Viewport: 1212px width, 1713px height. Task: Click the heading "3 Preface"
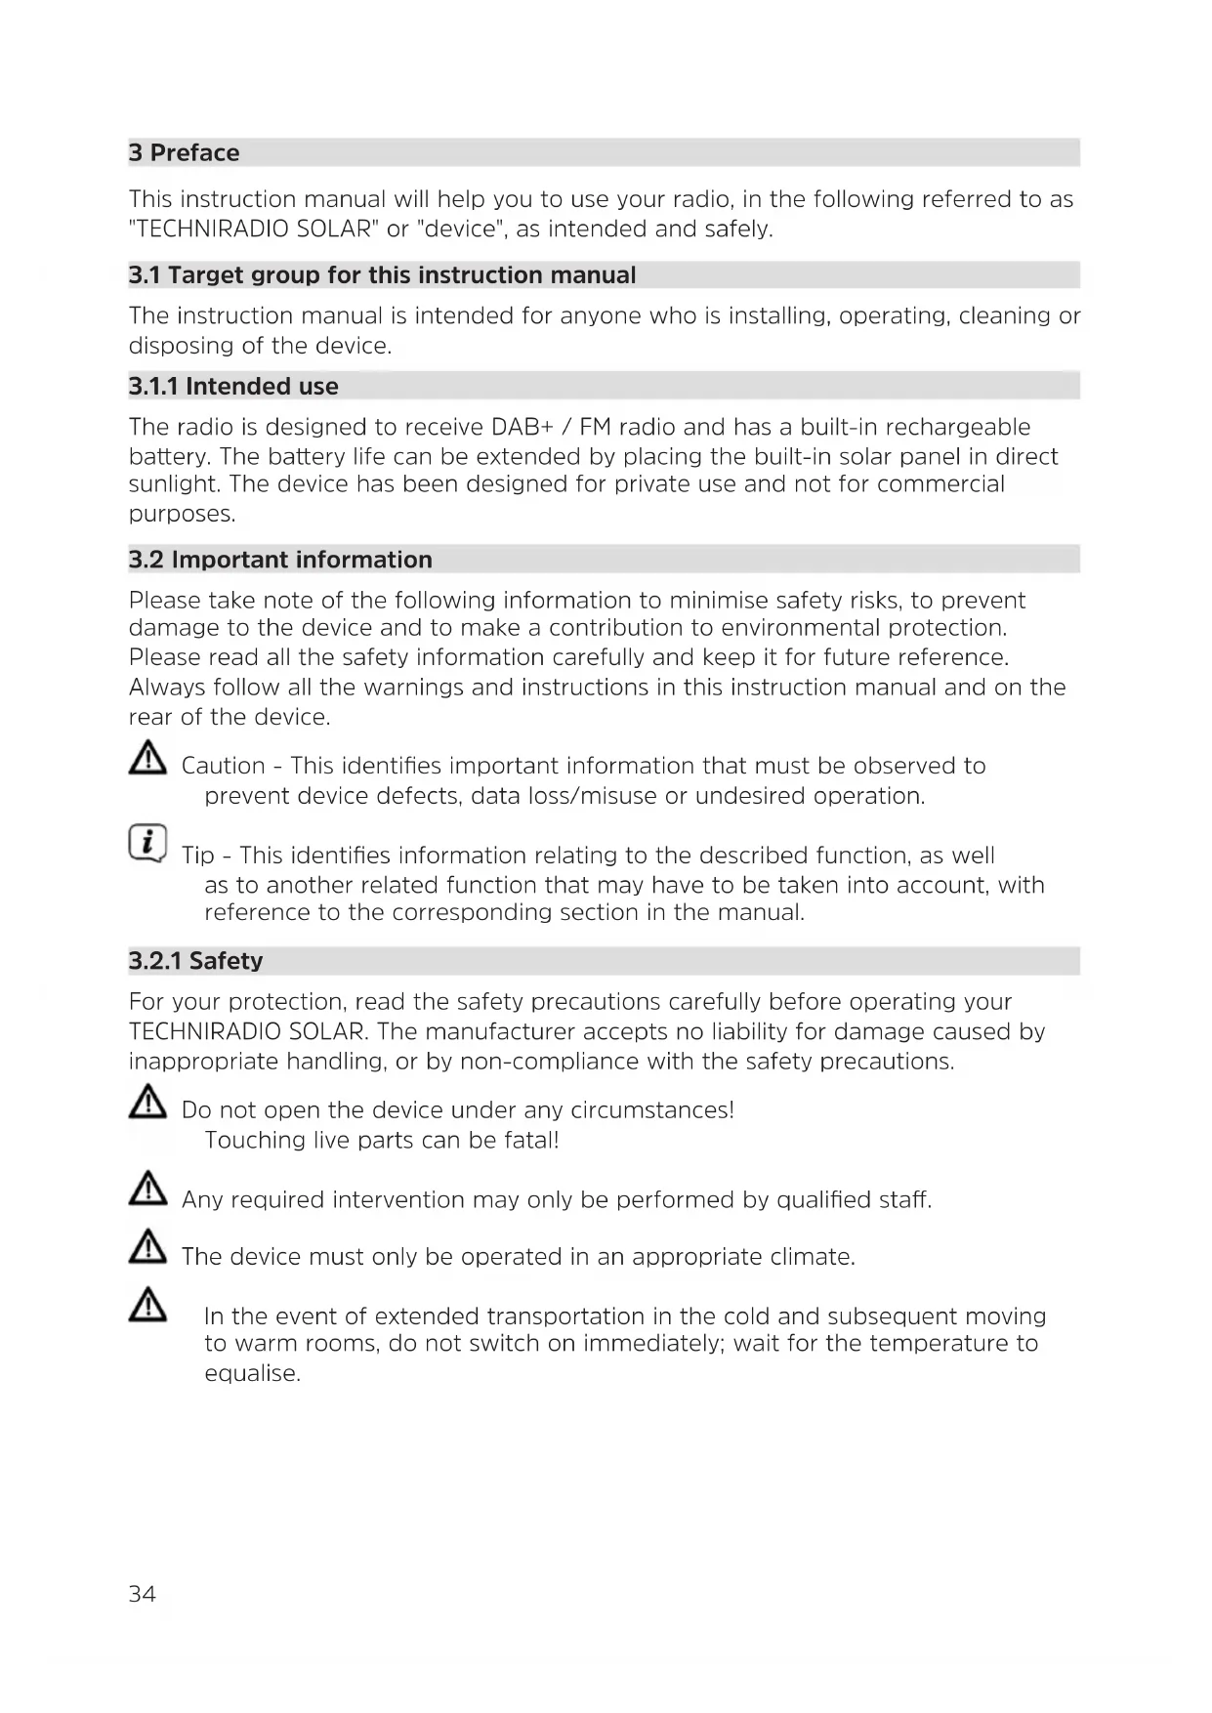tap(185, 153)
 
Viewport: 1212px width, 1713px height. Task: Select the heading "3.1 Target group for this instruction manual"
tap(382, 275)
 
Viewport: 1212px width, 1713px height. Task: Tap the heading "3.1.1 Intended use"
tap(233, 387)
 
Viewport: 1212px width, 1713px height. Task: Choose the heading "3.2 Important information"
tap(280, 560)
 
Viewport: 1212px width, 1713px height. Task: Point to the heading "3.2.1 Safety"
tap(196, 961)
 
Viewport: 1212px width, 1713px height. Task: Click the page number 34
tap(142, 1595)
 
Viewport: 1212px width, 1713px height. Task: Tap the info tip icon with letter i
tap(147, 843)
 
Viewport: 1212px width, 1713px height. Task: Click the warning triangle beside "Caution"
tap(147, 759)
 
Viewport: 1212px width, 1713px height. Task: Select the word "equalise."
tap(252, 1374)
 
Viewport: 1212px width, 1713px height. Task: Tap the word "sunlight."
tap(174, 484)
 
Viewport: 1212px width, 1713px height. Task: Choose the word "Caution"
tap(224, 767)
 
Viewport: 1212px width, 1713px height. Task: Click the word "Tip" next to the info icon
tap(198, 856)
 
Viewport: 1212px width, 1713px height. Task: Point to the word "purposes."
tap(183, 515)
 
